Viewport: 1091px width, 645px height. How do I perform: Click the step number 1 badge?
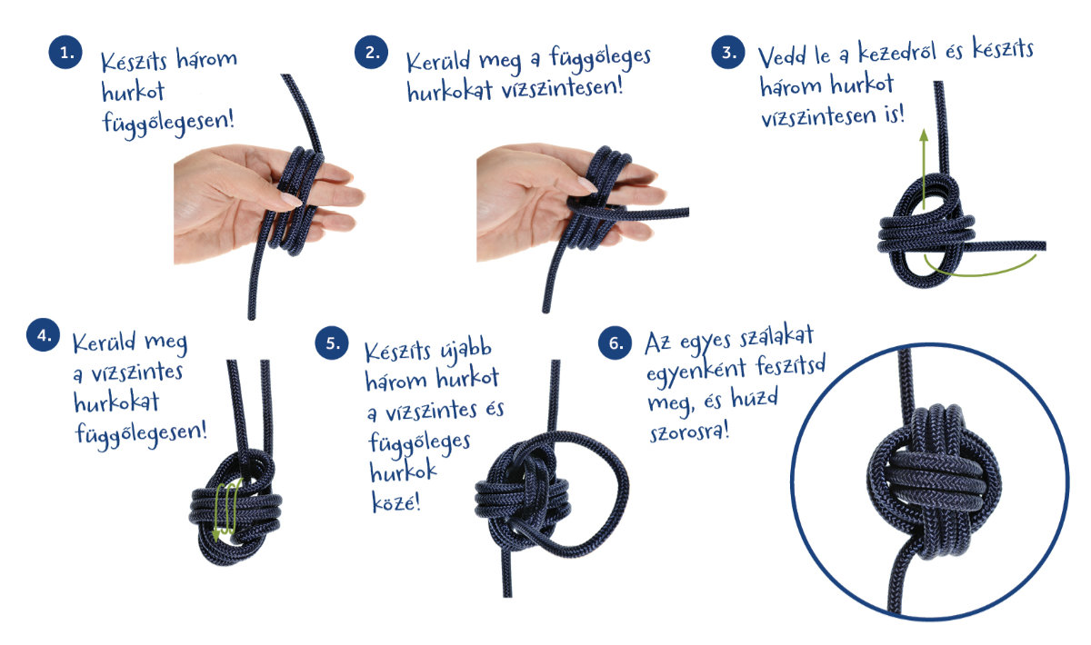tap(65, 52)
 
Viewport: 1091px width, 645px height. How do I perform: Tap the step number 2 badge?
tap(372, 52)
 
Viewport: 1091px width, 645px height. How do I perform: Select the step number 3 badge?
tap(728, 52)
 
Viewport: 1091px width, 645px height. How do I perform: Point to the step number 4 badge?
tap(44, 335)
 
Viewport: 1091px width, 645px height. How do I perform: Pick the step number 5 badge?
tap(332, 342)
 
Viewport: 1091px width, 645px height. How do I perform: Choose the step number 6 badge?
tap(616, 342)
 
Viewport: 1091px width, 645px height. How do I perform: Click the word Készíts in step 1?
tap(134, 62)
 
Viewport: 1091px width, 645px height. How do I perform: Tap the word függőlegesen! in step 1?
tap(168, 124)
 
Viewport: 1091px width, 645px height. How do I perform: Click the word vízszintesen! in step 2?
tap(563, 88)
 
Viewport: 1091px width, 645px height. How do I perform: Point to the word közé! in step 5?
tap(395, 501)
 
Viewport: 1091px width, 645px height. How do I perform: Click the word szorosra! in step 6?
tap(690, 432)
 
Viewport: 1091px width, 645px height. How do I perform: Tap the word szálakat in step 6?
tap(776, 338)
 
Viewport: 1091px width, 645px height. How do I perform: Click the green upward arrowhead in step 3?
tap(924, 134)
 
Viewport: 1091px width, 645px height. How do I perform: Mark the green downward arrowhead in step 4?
tap(215, 536)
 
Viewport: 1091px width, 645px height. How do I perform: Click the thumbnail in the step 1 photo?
tap(291, 200)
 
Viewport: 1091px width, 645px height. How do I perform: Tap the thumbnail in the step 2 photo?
tap(586, 184)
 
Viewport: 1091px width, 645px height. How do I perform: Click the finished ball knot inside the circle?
tap(934, 483)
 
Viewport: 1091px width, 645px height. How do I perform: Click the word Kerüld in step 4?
tap(104, 342)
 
